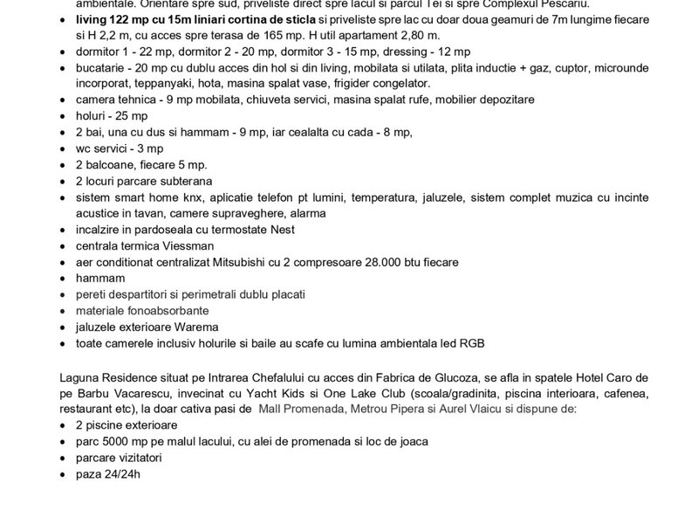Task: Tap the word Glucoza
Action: coord(406,376)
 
